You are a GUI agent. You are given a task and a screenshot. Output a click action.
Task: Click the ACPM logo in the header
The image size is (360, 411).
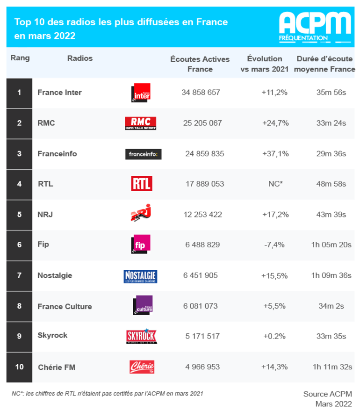click(x=315, y=26)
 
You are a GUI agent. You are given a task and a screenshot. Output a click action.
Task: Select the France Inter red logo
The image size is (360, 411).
click(x=142, y=92)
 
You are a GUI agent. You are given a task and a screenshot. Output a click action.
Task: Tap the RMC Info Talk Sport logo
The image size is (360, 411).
click(x=140, y=123)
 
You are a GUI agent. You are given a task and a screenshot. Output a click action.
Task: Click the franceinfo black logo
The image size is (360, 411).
click(x=144, y=154)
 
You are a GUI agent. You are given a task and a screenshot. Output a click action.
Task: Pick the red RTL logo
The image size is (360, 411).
click(x=141, y=184)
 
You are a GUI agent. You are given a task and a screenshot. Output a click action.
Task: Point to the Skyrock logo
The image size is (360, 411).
click(x=141, y=336)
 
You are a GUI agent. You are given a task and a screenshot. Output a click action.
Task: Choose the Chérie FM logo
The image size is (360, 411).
click(x=142, y=367)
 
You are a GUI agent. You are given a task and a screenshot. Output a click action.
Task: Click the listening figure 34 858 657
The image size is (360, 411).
click(x=201, y=93)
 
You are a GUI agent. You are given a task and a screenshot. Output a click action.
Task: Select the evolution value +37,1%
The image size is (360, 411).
click(x=275, y=154)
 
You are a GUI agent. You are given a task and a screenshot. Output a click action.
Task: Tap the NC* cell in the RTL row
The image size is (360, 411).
click(x=275, y=184)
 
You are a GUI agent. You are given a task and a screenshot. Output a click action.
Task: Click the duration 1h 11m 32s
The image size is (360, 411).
click(x=331, y=367)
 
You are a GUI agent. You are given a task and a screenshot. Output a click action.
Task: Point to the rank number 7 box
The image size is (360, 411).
click(x=19, y=275)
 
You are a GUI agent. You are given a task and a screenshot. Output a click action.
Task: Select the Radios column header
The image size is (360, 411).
click(x=80, y=58)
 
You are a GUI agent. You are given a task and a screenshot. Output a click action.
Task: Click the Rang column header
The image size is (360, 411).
click(x=20, y=58)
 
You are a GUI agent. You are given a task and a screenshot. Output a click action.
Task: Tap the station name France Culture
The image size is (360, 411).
click(x=65, y=306)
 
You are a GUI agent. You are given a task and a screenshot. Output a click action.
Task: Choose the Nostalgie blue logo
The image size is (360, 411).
click(x=140, y=276)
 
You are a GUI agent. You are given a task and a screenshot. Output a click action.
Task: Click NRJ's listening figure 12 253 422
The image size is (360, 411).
click(x=202, y=215)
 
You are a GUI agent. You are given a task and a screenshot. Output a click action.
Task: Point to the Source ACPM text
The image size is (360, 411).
click(x=327, y=394)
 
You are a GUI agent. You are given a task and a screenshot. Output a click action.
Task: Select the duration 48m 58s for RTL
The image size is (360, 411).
click(x=331, y=184)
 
